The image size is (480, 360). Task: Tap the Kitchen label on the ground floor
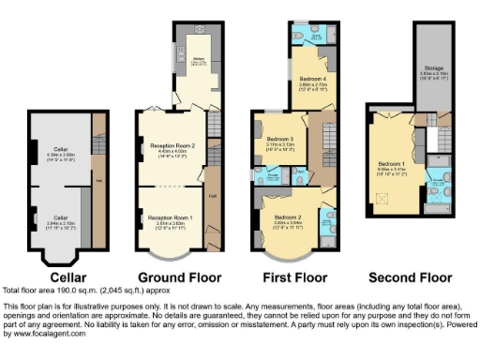point(199,60)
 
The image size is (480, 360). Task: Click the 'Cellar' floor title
point(68,277)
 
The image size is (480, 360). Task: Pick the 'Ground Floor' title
point(180,277)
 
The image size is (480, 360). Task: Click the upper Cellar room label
point(60,150)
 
